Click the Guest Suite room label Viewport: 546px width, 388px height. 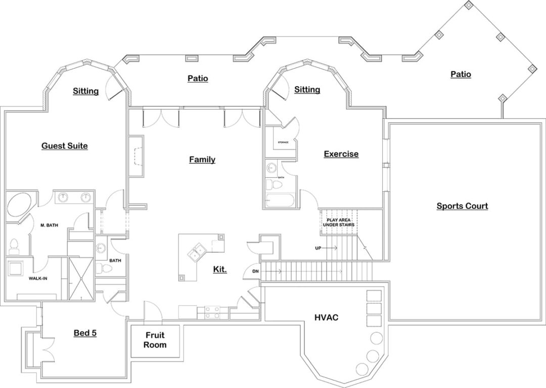click(x=64, y=146)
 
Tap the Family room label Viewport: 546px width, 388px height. click(x=202, y=160)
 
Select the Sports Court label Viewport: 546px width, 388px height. click(x=462, y=206)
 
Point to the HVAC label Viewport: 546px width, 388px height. click(x=326, y=318)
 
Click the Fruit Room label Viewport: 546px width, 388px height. click(x=155, y=340)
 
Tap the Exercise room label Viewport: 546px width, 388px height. click(x=341, y=154)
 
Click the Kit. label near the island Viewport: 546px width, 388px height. click(x=219, y=269)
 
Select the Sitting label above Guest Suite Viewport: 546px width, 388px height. click(x=85, y=91)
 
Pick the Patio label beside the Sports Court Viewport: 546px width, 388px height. click(x=461, y=74)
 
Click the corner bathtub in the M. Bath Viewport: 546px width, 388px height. click(x=19, y=204)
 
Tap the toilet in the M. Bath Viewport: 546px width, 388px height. click(x=14, y=246)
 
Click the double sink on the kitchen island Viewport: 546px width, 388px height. click(x=196, y=251)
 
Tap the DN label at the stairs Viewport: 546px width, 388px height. click(x=255, y=272)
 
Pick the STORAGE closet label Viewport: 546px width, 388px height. click(x=283, y=142)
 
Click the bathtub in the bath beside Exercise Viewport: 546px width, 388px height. click(x=280, y=201)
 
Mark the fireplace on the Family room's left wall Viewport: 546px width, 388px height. click(x=136, y=156)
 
